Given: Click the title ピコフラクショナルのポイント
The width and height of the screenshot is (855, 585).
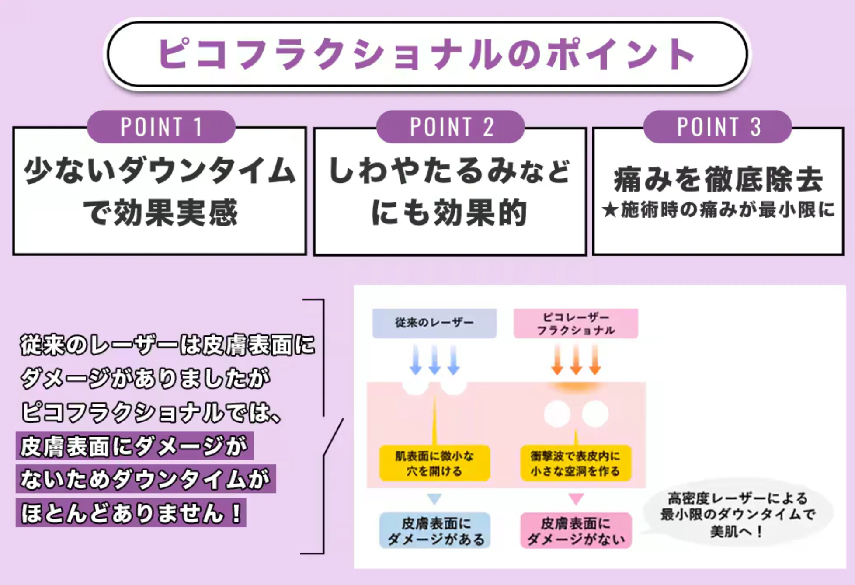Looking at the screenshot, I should click(426, 54).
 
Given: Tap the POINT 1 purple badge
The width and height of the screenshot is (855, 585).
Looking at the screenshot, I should click(161, 127).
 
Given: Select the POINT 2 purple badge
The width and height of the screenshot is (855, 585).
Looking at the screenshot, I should click(451, 127).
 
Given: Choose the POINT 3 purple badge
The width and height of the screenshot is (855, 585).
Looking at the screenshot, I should click(718, 127).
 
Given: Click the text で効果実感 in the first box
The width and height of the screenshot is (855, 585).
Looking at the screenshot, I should click(160, 213).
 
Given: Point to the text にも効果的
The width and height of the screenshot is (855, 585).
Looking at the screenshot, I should click(449, 213).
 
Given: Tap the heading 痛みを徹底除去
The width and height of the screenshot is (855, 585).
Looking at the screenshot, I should click(718, 179).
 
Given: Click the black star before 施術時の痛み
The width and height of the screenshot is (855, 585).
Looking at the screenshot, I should click(609, 210).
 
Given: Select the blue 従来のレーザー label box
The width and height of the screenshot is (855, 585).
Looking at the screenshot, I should click(434, 323).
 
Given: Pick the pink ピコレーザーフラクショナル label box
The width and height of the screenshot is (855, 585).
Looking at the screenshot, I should click(576, 324).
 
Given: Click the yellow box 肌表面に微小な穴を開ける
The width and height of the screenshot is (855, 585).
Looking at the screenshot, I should click(434, 463).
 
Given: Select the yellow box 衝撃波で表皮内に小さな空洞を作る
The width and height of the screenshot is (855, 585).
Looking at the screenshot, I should click(576, 463).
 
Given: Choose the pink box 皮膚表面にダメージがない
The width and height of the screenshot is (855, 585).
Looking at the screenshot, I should click(576, 531).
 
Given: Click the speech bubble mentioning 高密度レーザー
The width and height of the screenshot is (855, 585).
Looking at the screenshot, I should click(737, 514).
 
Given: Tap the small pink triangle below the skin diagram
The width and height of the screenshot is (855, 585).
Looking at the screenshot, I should click(576, 498).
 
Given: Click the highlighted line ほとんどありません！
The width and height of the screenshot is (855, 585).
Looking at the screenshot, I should click(131, 513).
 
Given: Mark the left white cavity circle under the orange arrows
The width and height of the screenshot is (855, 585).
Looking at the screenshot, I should click(557, 414).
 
